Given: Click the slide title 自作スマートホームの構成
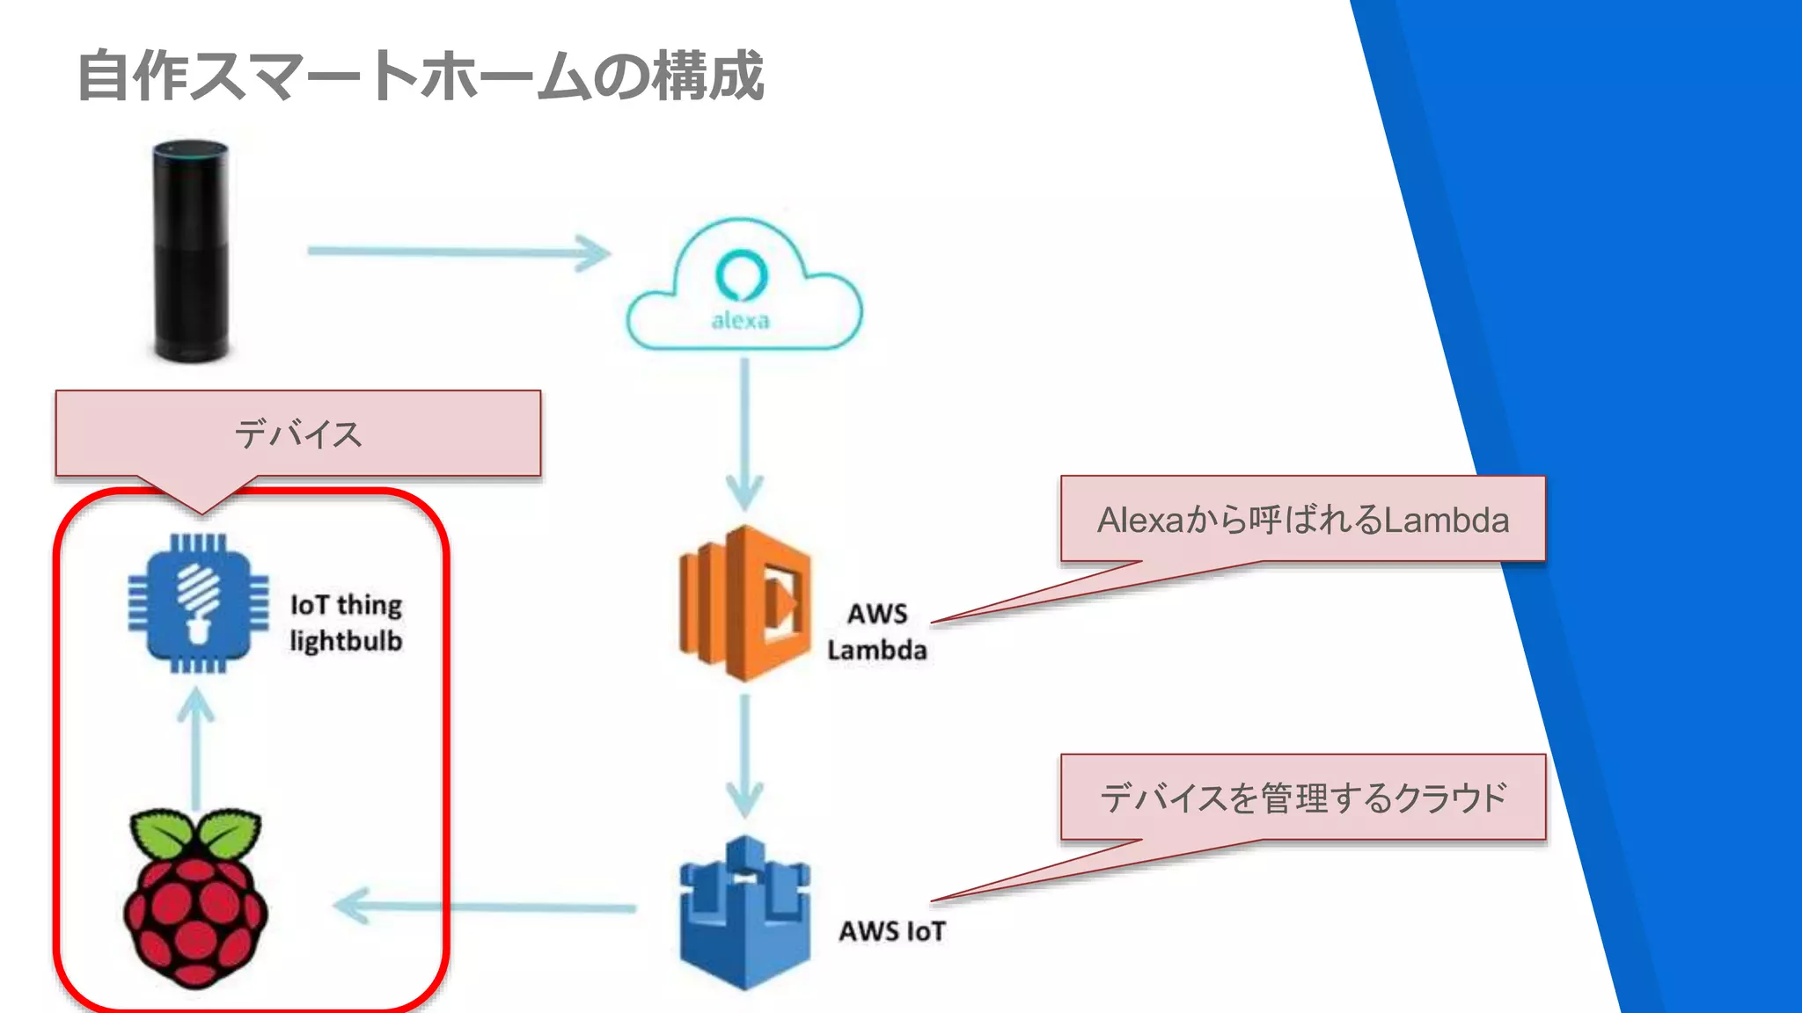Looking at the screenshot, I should pos(421,76).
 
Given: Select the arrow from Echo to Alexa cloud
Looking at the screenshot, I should pos(458,252).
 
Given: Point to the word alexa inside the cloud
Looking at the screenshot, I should pos(740,320).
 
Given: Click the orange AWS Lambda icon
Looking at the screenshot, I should pos(744,603).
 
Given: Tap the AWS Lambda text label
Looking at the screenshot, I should pos(876,631).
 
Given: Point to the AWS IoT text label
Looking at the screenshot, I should pos(891,931).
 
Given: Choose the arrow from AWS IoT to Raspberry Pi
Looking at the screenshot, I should pos(484,907).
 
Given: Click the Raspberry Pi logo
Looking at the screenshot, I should pos(195,906).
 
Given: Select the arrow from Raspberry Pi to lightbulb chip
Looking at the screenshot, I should pos(195,747).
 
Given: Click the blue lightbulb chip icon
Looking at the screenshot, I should pos(198,603).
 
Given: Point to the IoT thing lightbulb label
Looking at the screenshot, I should pos(346,623).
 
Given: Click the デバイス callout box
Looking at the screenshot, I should pos(297,434).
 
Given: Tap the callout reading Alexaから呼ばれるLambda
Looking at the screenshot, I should pos(1302,520).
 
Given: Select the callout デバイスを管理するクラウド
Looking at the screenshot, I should pos(1302,798).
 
